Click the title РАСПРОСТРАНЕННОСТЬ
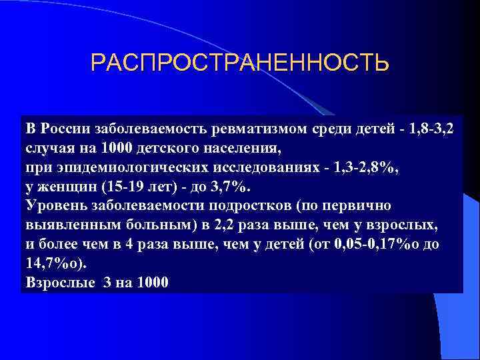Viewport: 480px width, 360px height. [x=239, y=63]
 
